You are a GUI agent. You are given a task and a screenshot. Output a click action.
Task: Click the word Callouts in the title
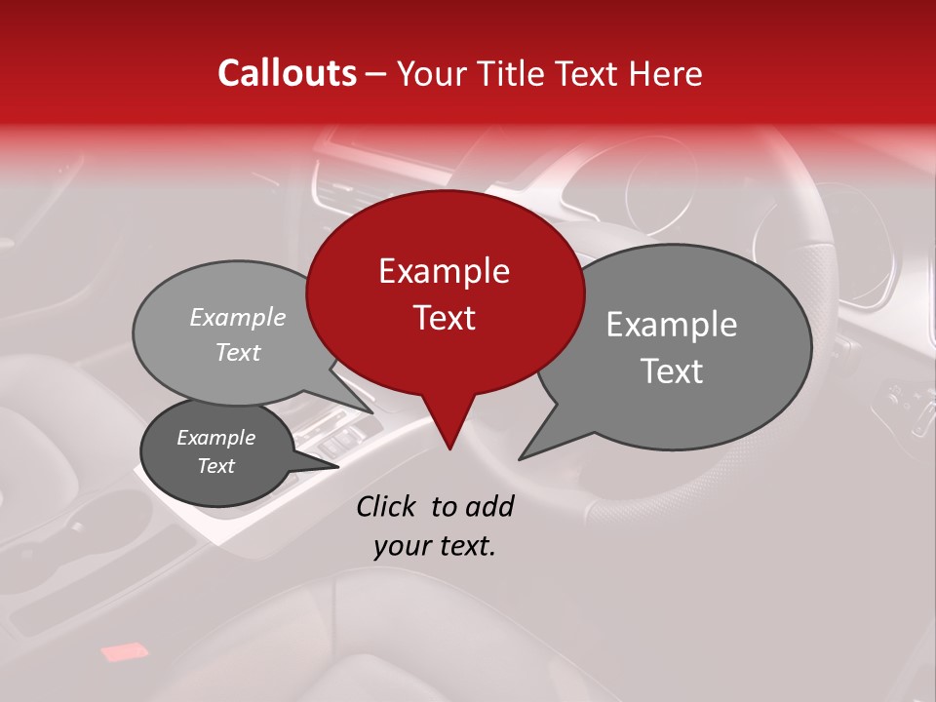coord(287,73)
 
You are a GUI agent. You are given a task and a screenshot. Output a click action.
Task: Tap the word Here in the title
coord(665,73)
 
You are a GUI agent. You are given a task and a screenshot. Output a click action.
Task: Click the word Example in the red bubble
coord(444,271)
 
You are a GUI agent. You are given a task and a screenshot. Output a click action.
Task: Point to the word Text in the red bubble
coord(444,318)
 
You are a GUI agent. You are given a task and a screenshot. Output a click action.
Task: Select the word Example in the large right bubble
coord(672,325)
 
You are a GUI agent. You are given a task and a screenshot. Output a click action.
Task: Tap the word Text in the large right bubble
coord(672,371)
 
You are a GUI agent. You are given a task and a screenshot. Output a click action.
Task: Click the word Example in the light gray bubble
coord(238,317)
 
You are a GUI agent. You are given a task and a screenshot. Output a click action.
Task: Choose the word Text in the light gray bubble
coord(238,352)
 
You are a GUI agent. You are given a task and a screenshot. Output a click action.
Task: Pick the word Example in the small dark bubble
coord(215,438)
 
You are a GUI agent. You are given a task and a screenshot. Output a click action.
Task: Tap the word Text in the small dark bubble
coord(215,466)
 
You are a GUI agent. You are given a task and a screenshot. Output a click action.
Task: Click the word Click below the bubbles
coord(387,506)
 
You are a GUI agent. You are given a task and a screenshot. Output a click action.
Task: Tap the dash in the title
coord(376,74)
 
